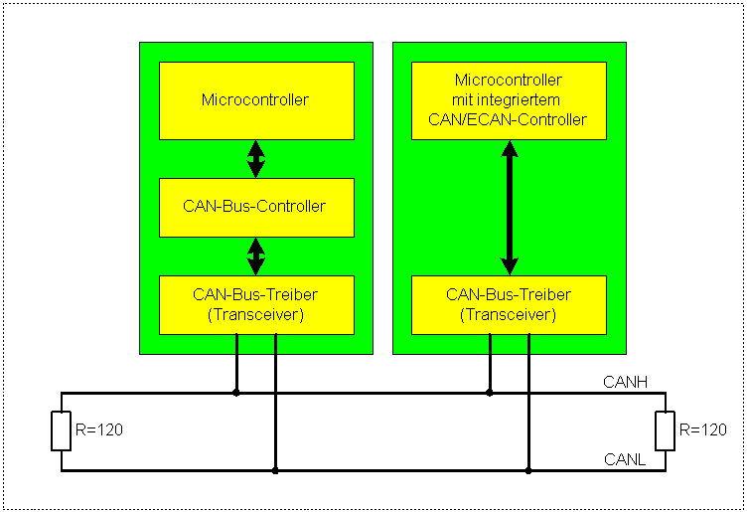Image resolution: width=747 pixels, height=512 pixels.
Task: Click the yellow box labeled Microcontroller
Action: coord(256,100)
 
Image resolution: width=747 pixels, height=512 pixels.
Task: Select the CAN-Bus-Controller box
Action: coord(256,207)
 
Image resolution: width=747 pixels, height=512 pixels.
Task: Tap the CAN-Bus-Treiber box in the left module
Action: coord(256,304)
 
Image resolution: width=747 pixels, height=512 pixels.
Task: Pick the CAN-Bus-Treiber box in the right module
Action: coord(509,304)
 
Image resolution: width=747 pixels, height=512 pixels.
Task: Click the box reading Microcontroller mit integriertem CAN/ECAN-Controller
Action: coord(509,100)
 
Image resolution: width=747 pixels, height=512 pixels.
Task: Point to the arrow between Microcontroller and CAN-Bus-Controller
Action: coord(256,158)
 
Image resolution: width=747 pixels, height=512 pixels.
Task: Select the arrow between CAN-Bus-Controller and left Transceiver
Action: coord(256,256)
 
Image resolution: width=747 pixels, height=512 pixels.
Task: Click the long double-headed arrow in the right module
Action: coord(509,207)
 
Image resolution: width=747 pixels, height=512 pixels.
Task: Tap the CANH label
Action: coord(625,381)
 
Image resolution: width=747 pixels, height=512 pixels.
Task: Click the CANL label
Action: coord(625,459)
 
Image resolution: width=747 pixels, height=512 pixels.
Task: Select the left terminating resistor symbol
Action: coord(62,430)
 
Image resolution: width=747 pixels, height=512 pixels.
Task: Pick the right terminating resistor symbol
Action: coord(665,430)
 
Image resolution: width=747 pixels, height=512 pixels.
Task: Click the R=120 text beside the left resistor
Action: coord(99,430)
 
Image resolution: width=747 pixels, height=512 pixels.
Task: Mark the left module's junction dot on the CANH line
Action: coord(236,393)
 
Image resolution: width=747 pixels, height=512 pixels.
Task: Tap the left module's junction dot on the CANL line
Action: coord(275,470)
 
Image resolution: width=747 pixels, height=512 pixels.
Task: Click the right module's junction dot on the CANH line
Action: coord(489,393)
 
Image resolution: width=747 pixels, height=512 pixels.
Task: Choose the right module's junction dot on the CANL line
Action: coord(527,470)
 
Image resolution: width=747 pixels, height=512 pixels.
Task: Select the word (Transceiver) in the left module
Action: coord(256,314)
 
